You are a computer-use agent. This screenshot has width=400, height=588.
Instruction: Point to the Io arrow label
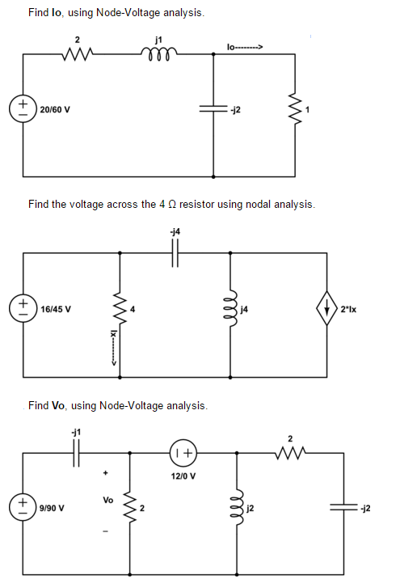pyautogui.click(x=245, y=47)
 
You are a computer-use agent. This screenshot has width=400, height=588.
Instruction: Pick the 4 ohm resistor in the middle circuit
pyautogui.click(x=120, y=310)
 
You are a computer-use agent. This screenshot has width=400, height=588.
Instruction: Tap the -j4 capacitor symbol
pyautogui.click(x=175, y=253)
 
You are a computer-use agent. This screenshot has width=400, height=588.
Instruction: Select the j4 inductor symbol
pyautogui.click(x=231, y=308)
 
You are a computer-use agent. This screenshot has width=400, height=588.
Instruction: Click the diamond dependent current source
pyautogui.click(x=326, y=308)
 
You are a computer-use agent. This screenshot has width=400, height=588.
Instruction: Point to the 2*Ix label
pyautogui.click(x=348, y=310)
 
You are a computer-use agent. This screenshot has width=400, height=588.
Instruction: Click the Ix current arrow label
pyautogui.click(x=112, y=347)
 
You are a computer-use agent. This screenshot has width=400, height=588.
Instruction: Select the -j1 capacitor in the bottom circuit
pyautogui.click(x=77, y=453)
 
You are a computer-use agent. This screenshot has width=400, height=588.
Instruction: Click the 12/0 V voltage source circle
pyautogui.click(x=183, y=453)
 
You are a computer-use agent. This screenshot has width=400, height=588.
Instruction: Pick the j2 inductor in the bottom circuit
pyautogui.click(x=237, y=508)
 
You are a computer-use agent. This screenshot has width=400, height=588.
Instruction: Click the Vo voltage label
pyautogui.click(x=107, y=500)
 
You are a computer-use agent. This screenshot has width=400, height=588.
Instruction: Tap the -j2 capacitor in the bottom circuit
pyautogui.click(x=343, y=508)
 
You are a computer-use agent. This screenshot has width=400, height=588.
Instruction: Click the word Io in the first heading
pyautogui.click(x=57, y=12)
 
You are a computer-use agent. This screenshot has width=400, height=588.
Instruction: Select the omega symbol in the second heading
pyautogui.click(x=172, y=204)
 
